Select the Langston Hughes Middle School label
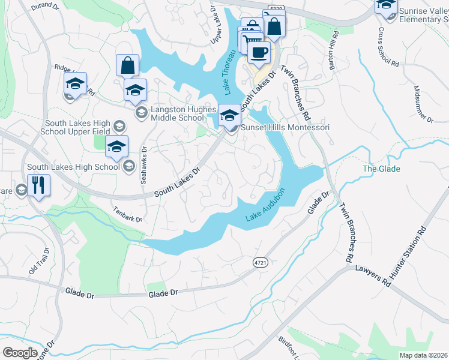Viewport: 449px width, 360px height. [x=177, y=113]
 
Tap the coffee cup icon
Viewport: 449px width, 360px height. [x=259, y=52]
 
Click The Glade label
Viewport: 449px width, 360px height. [x=381, y=169]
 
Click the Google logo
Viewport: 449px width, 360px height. [x=20, y=353]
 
